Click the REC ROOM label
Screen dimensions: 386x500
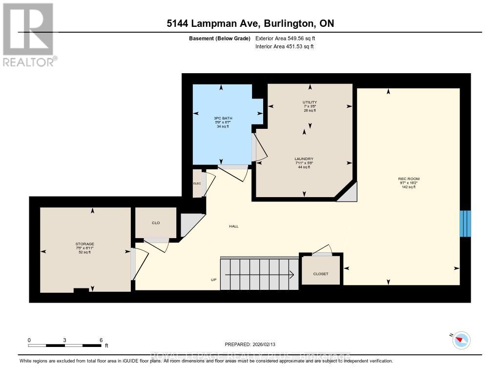pyautogui.click(x=409, y=179)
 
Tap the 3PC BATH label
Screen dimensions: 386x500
pyautogui.click(x=223, y=119)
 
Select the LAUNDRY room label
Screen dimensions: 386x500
pyautogui.click(x=304, y=159)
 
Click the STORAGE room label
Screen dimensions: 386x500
pyautogui.click(x=84, y=244)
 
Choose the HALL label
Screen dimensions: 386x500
pyautogui.click(x=233, y=226)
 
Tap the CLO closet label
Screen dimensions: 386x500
pyautogui.click(x=156, y=223)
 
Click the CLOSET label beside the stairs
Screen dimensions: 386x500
pyautogui.click(x=321, y=274)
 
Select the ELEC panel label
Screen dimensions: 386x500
pyautogui.click(x=197, y=183)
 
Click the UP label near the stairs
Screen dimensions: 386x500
pyautogui.click(x=213, y=280)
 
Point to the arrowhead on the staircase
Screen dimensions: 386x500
pyautogui.click(x=292, y=275)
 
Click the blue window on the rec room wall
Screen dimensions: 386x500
pyautogui.click(x=466, y=223)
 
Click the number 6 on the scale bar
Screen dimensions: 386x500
pyautogui.click(x=101, y=340)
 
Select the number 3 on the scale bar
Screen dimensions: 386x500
pyautogui.click(x=65, y=340)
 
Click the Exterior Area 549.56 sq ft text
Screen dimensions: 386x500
pyautogui.click(x=289, y=38)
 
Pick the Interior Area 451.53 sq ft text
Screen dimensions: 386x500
pyautogui.click(x=284, y=47)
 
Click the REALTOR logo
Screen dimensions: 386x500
pyautogui.click(x=29, y=34)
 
